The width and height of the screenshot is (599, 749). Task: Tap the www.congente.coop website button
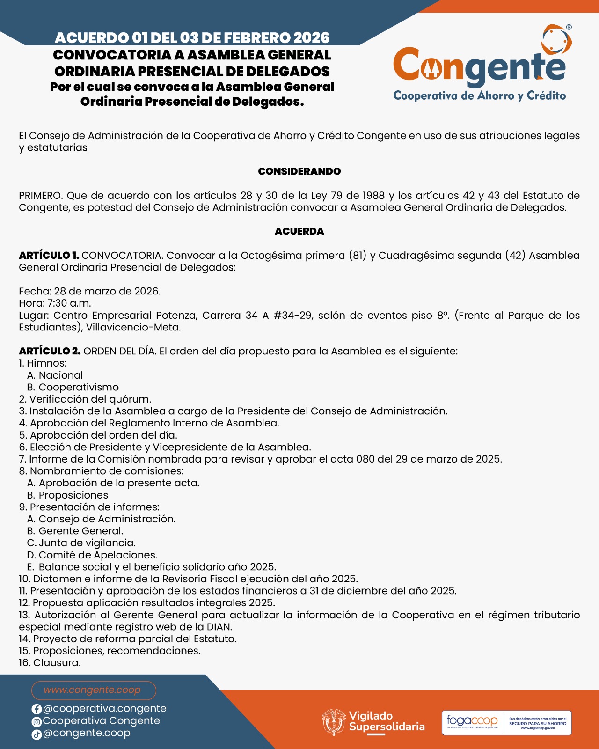click(x=94, y=690)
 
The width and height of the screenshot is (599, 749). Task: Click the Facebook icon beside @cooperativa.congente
click(x=37, y=709)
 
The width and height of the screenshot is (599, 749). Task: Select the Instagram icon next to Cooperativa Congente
click(x=37, y=722)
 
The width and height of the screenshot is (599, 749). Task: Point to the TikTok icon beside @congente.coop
click(x=37, y=734)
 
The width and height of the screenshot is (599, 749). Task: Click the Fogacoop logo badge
click(x=506, y=722)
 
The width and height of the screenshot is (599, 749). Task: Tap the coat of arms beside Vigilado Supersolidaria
click(x=334, y=722)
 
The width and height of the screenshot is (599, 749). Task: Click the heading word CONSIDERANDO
click(x=299, y=171)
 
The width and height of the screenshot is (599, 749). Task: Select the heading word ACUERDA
click(x=299, y=231)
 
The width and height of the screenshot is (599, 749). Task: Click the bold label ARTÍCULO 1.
click(x=49, y=256)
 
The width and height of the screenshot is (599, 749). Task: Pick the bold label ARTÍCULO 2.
click(x=50, y=351)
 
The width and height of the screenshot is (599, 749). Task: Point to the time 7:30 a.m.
click(x=69, y=303)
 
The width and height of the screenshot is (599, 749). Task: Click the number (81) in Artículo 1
click(x=357, y=256)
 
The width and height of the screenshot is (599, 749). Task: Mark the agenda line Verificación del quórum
click(x=90, y=399)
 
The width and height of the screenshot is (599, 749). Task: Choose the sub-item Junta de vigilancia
click(x=87, y=543)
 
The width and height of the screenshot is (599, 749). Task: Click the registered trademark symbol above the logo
click(x=569, y=27)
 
